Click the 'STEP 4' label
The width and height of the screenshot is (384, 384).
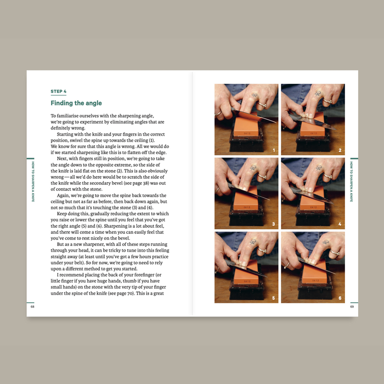click(x=58, y=92)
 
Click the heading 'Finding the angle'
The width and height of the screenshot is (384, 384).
click(x=76, y=103)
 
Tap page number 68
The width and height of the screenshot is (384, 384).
click(x=32, y=307)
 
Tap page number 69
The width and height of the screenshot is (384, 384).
click(x=352, y=307)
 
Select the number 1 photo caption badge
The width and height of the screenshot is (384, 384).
click(x=273, y=150)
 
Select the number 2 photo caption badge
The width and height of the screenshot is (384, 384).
click(x=340, y=150)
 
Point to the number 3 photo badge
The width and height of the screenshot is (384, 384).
click(x=273, y=224)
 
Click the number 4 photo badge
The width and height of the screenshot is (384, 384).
click(x=340, y=224)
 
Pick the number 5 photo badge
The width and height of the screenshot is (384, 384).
click(x=273, y=298)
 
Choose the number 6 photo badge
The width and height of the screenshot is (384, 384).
click(x=340, y=298)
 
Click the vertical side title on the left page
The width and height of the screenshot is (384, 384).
click(x=32, y=181)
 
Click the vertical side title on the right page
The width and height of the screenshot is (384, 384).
click(x=352, y=181)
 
